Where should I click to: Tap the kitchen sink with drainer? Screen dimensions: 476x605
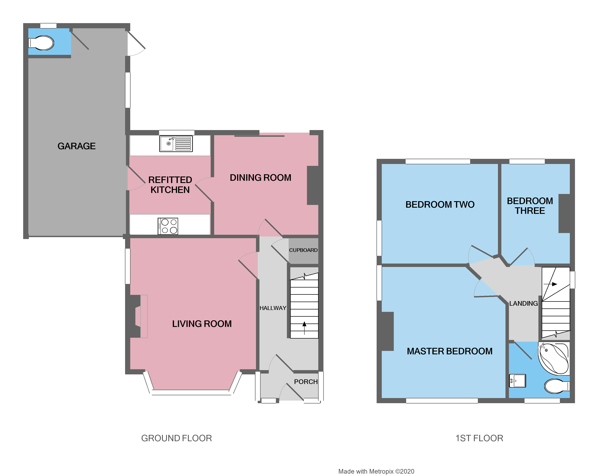(x=176, y=144)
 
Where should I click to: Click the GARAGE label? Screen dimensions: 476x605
(x=77, y=146)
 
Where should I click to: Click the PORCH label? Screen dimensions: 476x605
(x=306, y=382)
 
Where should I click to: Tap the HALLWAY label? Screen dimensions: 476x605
(x=273, y=308)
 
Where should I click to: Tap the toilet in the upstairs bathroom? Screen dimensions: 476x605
(x=556, y=386)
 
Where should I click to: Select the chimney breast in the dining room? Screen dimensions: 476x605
(x=313, y=185)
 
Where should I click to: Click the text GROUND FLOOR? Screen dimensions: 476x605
(x=176, y=438)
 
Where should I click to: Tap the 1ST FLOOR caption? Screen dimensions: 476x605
(x=479, y=438)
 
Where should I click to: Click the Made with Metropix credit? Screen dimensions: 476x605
(x=376, y=471)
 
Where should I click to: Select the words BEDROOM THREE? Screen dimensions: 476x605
(x=530, y=206)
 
